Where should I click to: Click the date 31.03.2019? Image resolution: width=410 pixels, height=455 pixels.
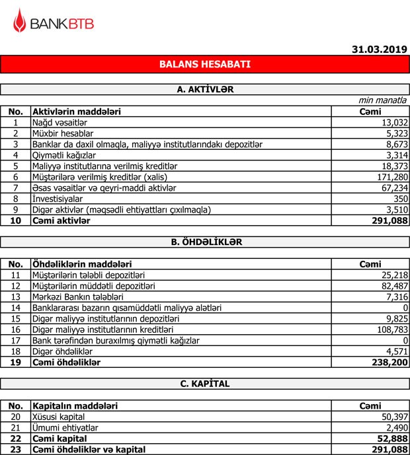(x=379, y=48)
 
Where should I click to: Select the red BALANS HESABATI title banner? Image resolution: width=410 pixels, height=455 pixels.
(x=204, y=65)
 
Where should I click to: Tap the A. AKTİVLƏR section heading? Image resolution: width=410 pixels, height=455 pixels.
(x=204, y=88)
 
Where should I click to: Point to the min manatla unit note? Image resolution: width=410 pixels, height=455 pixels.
(x=383, y=100)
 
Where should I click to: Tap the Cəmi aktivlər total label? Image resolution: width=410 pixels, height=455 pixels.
(x=61, y=221)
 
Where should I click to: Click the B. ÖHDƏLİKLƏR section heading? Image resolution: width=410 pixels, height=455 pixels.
(x=204, y=242)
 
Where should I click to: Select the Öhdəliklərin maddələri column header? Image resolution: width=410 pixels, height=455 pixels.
(x=81, y=264)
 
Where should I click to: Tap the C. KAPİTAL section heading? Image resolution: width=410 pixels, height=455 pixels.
(x=204, y=384)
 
